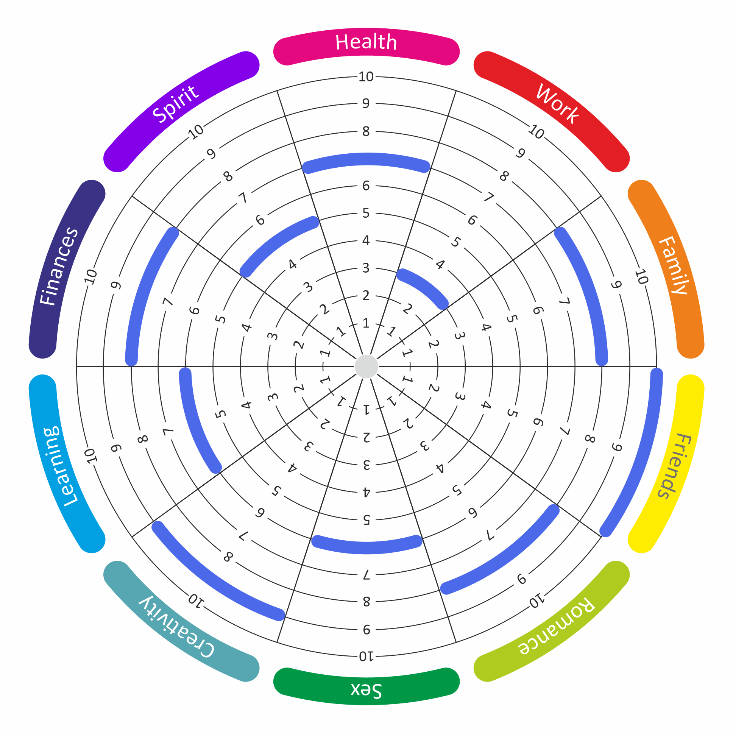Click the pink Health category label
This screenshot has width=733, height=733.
click(366, 42)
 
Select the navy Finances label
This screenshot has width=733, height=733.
click(59, 265)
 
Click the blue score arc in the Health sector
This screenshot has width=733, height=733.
click(366, 159)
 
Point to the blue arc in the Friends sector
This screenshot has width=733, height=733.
click(641, 455)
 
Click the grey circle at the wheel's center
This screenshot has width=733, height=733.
click(366, 366)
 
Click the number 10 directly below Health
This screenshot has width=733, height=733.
click(366, 77)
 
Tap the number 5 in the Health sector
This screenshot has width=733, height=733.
click(366, 213)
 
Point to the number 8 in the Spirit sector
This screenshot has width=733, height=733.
click(228, 176)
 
